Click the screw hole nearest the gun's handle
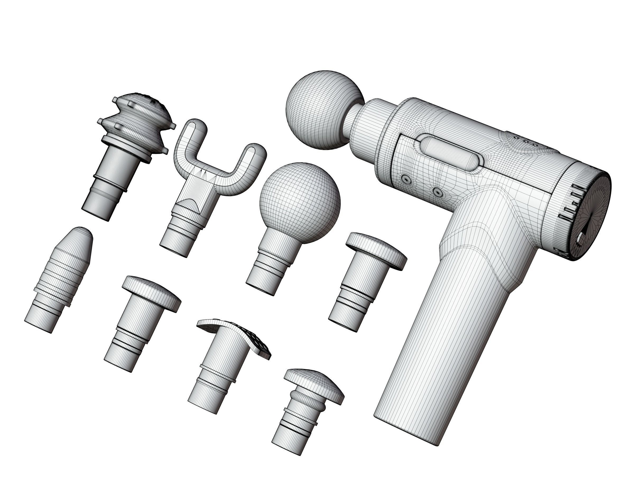(437, 192)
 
